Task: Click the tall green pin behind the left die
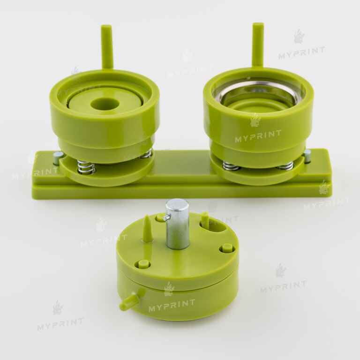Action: tap(107, 47)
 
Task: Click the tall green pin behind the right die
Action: tap(258, 45)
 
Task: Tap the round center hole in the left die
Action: tap(105, 104)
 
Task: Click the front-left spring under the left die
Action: tap(86, 167)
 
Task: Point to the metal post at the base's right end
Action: tap(307, 156)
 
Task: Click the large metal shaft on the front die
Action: tap(178, 224)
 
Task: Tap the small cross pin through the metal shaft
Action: tap(167, 217)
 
